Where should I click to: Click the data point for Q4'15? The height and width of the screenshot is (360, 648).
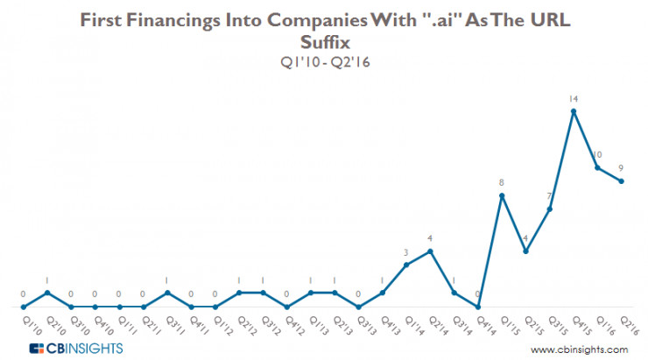coord(574,111)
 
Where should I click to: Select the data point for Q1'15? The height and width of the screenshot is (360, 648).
coord(502,195)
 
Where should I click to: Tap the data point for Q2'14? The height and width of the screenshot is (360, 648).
coord(430,251)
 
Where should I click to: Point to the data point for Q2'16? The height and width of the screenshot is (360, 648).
coord(621,181)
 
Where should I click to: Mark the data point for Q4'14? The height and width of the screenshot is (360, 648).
coord(478,307)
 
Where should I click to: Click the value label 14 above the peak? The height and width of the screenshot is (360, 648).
coord(574,99)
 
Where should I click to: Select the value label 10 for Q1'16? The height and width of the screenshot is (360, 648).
coord(597,155)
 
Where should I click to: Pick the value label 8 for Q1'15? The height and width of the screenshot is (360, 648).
coord(502,183)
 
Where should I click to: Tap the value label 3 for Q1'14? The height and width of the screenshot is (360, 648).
coord(406,253)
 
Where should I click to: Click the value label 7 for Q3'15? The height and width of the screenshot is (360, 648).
coord(550,197)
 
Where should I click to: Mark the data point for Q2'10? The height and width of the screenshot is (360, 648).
coord(48,293)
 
